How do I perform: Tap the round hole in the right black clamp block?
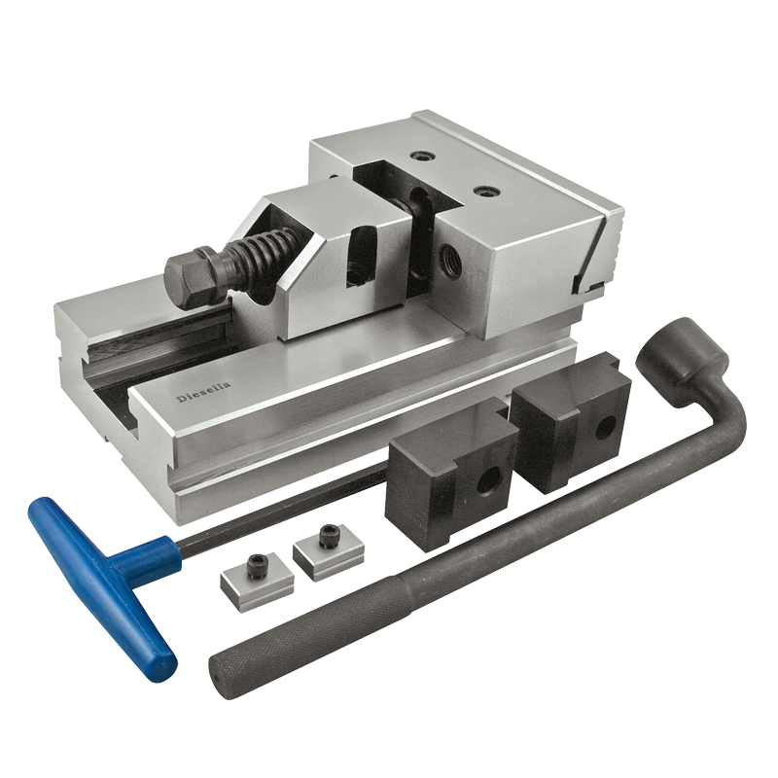(605, 428)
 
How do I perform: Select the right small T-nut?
(331, 552)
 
